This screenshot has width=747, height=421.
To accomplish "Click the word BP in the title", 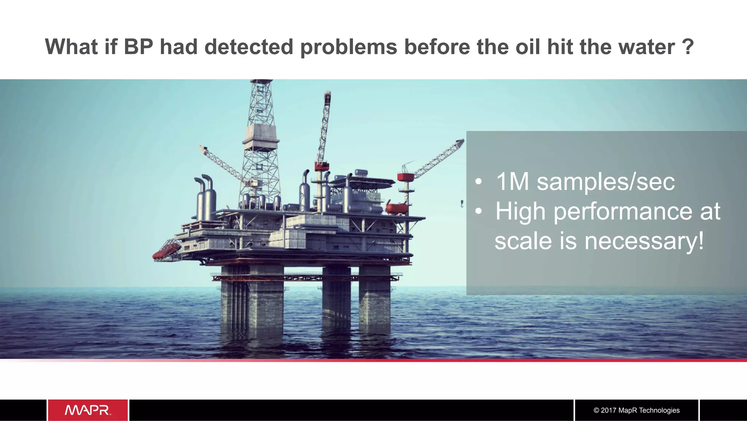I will pos(138,47).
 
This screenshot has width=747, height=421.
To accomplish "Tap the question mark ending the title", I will pos(688,47).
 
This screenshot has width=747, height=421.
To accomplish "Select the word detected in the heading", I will pos(249,47).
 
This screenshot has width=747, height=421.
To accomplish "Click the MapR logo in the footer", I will pos(88,410).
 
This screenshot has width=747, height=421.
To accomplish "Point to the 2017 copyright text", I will pos(636,410).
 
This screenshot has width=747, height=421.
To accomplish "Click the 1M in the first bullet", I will pos(512,181).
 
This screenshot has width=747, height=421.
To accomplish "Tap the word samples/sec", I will pos(605,181).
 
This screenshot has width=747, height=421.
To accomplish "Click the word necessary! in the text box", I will pos(644,241).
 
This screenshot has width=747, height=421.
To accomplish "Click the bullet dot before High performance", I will pos(479,211).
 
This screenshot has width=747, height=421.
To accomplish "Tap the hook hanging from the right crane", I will pos(462,203).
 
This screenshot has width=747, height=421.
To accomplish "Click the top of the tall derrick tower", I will pos(261,83).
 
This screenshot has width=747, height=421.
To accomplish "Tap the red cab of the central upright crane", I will pos(322,167).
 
